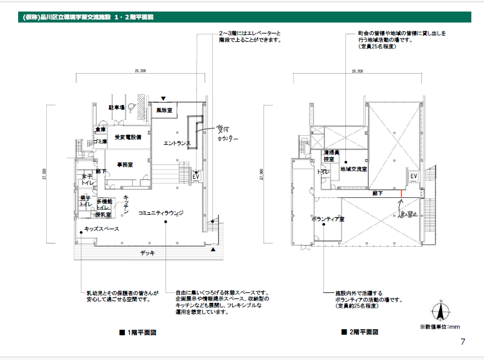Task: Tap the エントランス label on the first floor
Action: click(x=177, y=143)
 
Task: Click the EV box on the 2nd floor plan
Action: click(x=414, y=176)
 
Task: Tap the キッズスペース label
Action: click(x=102, y=229)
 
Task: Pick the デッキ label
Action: click(x=147, y=253)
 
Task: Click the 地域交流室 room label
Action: click(x=353, y=169)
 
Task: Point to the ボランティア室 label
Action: click(x=327, y=219)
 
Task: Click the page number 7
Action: click(x=463, y=342)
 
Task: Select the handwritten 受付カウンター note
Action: click(x=226, y=134)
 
